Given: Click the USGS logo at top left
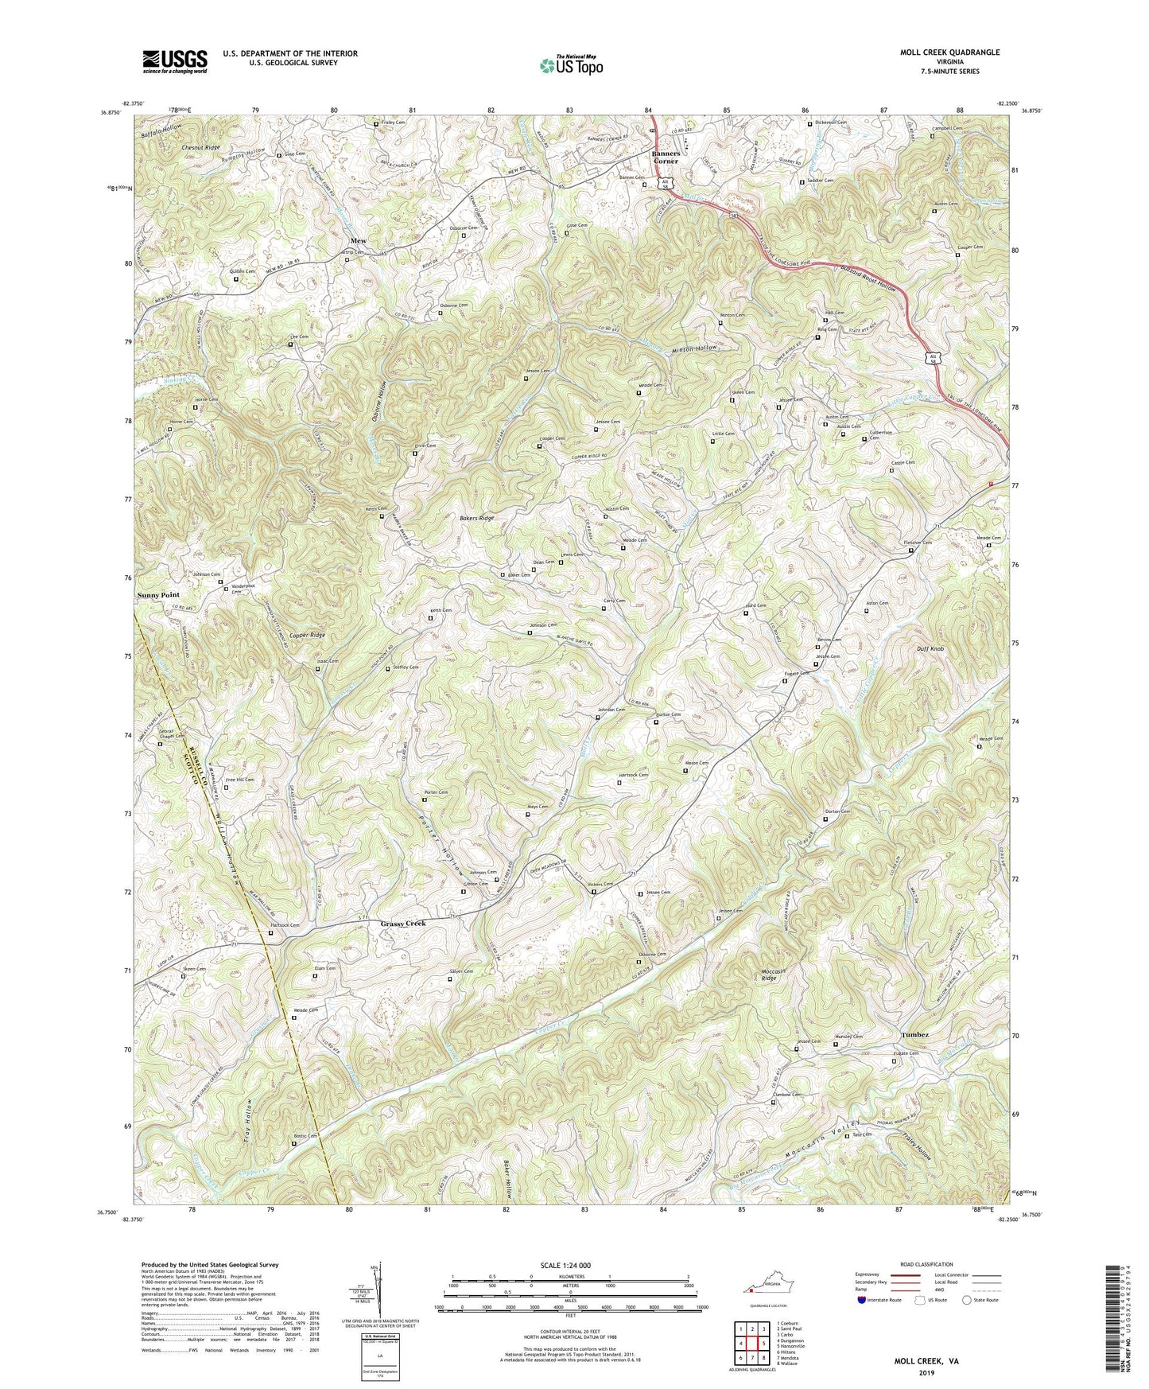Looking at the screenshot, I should (174, 60).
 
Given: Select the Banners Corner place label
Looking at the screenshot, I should (666, 157).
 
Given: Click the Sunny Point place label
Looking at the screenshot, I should (158, 594).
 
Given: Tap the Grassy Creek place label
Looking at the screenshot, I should (403, 924).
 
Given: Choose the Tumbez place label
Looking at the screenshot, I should (914, 1034).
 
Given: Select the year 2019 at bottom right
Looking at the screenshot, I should (924, 1373).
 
